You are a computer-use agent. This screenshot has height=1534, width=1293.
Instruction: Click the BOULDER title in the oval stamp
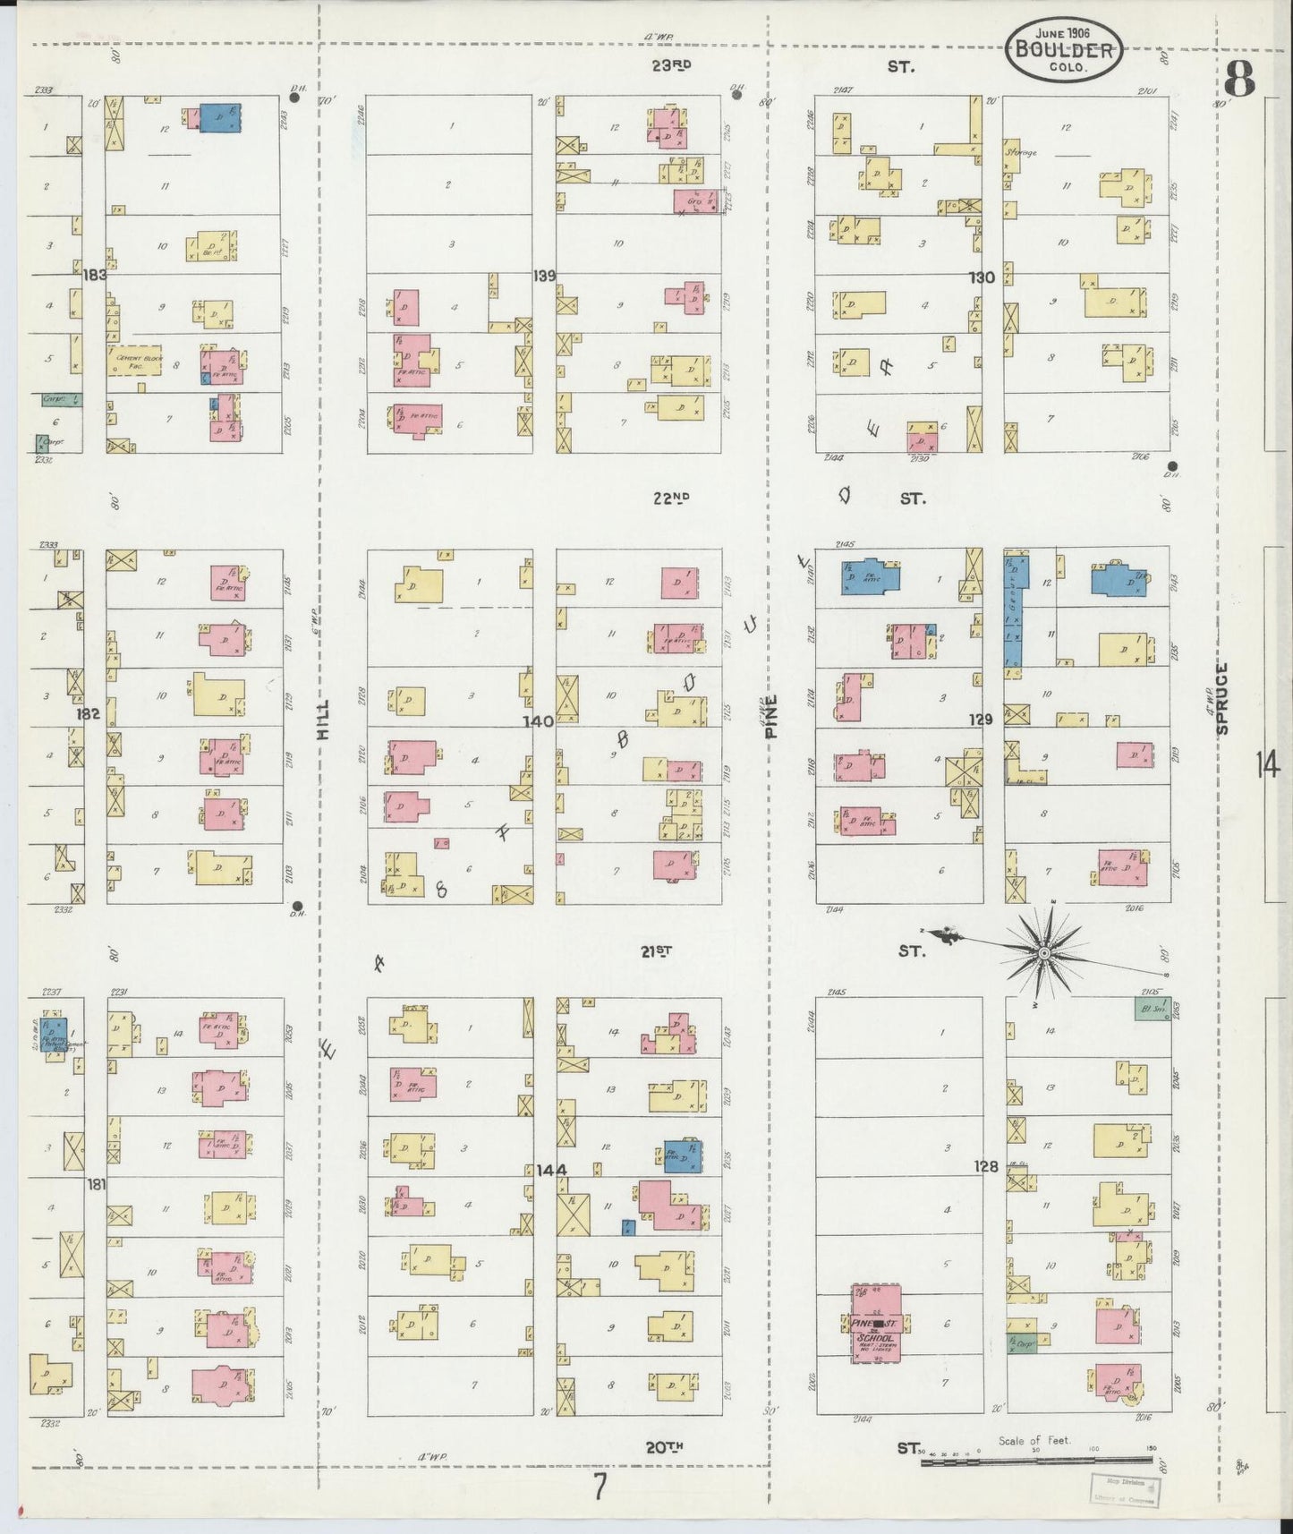coord(1064,50)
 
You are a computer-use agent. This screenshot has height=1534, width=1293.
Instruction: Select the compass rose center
coord(1042,956)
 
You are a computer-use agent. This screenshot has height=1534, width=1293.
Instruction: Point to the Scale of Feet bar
coord(1035,1462)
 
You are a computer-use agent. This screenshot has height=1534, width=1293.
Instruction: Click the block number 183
coord(95,275)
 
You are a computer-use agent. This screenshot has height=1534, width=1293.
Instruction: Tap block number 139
coord(544,275)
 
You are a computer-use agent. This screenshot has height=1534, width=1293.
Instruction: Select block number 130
coord(982,277)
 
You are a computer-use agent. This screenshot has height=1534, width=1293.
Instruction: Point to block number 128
coord(985,1167)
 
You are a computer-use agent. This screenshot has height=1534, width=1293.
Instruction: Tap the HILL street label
coord(324,719)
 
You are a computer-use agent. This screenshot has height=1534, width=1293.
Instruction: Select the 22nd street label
coord(669,499)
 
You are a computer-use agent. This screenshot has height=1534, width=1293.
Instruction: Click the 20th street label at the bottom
coord(665,1446)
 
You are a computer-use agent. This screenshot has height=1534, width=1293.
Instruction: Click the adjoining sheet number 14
coord(1267,766)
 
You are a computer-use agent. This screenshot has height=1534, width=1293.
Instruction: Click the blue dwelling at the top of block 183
coord(219,118)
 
